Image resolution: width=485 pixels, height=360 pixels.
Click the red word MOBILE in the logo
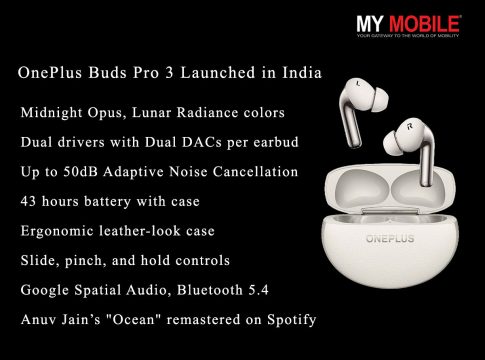(425, 24)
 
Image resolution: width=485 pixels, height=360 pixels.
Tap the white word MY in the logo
(370, 24)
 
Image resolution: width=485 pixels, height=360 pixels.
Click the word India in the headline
(302, 73)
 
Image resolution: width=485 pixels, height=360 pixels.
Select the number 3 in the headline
(169, 73)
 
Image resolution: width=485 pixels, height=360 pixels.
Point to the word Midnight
(52, 113)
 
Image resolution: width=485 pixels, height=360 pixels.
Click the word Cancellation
(255, 172)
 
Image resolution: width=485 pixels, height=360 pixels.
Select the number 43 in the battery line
(28, 202)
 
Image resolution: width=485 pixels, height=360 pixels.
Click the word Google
(45, 290)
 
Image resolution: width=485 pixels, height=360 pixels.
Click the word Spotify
(292, 320)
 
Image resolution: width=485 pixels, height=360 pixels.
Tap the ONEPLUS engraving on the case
(390, 239)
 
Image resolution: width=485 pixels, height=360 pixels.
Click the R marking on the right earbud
(410, 126)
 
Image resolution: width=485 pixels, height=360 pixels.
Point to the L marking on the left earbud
(357, 82)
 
